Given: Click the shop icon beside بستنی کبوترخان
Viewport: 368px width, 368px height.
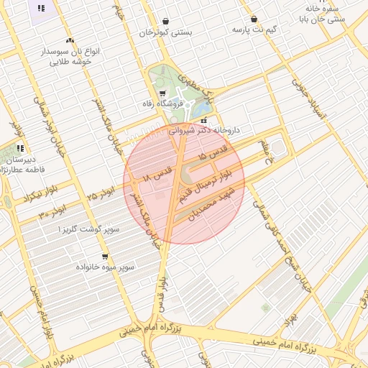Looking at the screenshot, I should (x=166, y=22).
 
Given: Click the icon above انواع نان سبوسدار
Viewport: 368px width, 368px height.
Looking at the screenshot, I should (x=70, y=41).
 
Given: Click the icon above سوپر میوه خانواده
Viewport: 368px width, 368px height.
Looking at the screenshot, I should (x=105, y=256).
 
